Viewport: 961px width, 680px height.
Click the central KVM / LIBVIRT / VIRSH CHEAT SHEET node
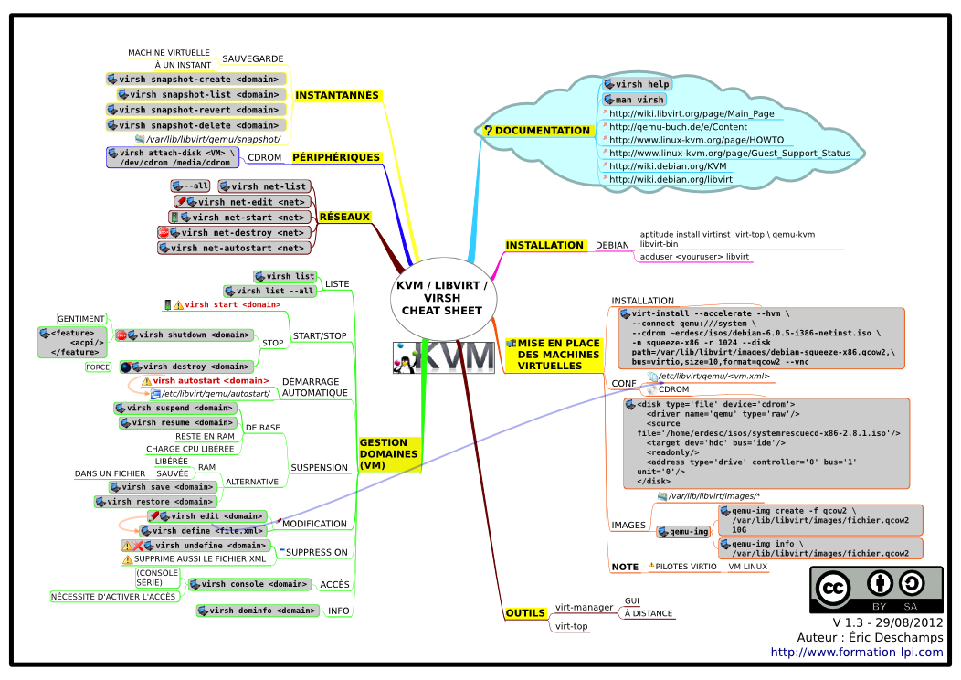[x=442, y=298]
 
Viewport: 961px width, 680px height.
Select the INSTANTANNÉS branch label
[x=337, y=95]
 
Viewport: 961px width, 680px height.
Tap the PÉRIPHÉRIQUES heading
[x=336, y=157]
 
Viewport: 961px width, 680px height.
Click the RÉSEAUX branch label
[x=344, y=217]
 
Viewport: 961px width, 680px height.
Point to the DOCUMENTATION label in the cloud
[x=537, y=131]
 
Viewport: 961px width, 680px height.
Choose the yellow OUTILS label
[x=525, y=613]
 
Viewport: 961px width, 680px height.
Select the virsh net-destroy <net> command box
[x=234, y=233]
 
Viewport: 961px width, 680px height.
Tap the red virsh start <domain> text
[x=233, y=304]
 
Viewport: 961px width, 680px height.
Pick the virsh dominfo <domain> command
[x=258, y=611]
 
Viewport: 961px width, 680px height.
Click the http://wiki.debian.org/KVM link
[x=668, y=166]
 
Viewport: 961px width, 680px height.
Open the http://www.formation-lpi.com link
[x=857, y=653]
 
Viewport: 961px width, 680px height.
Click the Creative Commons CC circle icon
[x=832, y=589]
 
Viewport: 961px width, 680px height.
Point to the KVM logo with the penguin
[x=444, y=357]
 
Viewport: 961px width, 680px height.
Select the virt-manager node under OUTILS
[x=584, y=607]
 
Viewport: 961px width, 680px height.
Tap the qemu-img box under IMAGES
[x=683, y=532]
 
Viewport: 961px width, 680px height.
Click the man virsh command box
[x=634, y=100]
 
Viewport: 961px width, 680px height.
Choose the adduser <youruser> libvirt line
[x=694, y=257]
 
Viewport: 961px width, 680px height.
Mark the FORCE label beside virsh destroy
[x=98, y=367]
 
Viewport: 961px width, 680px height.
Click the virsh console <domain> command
[x=248, y=584]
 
